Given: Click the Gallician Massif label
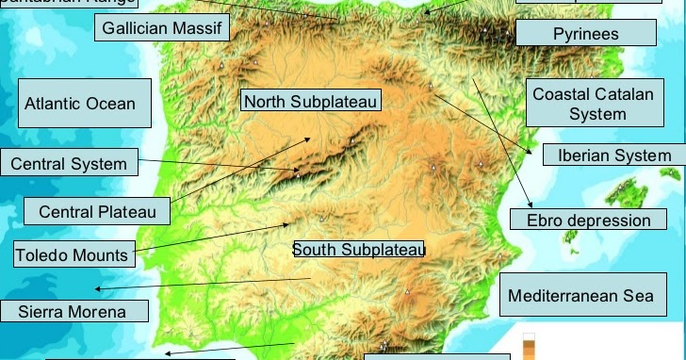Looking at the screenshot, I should [x=162, y=27].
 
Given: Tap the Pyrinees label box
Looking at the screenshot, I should [x=585, y=34].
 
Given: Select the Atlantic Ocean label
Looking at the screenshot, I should [x=83, y=104].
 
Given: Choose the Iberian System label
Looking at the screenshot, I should [x=613, y=155].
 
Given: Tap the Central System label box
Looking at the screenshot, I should [x=69, y=164].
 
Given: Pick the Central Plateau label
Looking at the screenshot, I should [x=97, y=212].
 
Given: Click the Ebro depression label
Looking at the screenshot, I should [x=581, y=221].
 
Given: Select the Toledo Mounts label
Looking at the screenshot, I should [x=72, y=254].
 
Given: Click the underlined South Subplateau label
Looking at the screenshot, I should [x=358, y=250].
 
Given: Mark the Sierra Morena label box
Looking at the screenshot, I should [x=74, y=311].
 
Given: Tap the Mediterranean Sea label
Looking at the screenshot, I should [x=580, y=296].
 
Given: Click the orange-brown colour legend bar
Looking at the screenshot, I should [x=528, y=350].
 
